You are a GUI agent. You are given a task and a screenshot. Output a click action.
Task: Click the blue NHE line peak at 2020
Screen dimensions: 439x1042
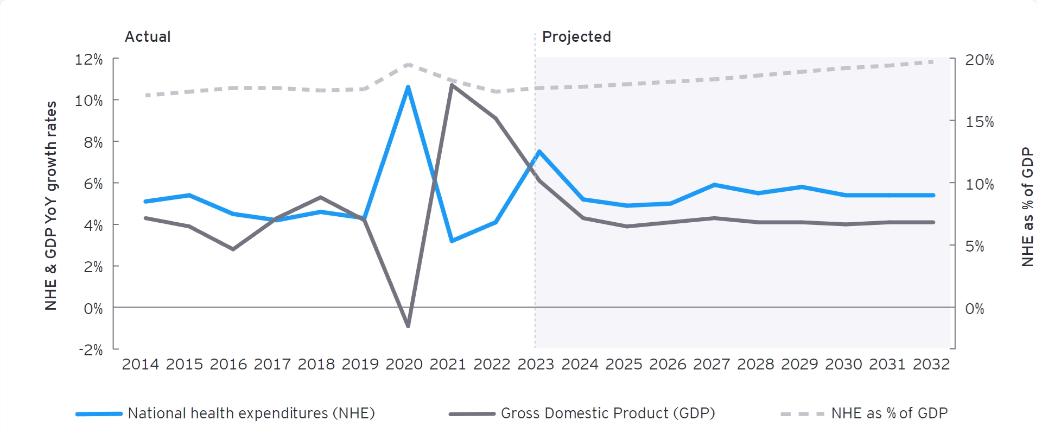408,87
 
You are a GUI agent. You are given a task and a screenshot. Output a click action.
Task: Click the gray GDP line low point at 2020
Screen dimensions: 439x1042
408,326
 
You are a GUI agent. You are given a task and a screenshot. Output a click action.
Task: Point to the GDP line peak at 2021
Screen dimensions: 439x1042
452,85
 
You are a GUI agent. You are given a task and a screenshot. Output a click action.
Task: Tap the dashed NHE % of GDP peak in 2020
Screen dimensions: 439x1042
408,64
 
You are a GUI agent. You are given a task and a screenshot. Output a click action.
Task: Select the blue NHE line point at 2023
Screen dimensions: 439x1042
539,152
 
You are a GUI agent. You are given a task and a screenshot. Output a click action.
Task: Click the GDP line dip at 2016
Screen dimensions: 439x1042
233,249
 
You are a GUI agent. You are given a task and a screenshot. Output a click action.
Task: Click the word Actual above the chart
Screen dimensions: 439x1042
148,36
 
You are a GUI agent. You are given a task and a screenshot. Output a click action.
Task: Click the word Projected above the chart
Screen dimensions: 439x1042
576,36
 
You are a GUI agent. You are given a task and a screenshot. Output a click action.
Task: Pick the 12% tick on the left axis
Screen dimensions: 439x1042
88,59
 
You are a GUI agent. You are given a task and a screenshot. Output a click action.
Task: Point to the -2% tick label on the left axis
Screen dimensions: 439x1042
90,349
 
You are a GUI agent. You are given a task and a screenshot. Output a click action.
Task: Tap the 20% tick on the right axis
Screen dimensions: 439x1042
979,60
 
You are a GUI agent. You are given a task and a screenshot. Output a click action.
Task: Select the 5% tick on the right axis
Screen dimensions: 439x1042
974,246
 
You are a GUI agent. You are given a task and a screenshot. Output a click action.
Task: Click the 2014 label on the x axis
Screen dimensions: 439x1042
140,364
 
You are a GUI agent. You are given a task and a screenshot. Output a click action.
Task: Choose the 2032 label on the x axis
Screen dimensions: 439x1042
931,364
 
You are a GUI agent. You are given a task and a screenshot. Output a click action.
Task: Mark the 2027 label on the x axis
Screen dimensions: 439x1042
711,364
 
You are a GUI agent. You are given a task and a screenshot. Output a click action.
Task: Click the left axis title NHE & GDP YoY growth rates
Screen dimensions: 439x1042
50,205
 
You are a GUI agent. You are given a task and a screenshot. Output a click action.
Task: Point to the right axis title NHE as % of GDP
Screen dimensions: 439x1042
1027,206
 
